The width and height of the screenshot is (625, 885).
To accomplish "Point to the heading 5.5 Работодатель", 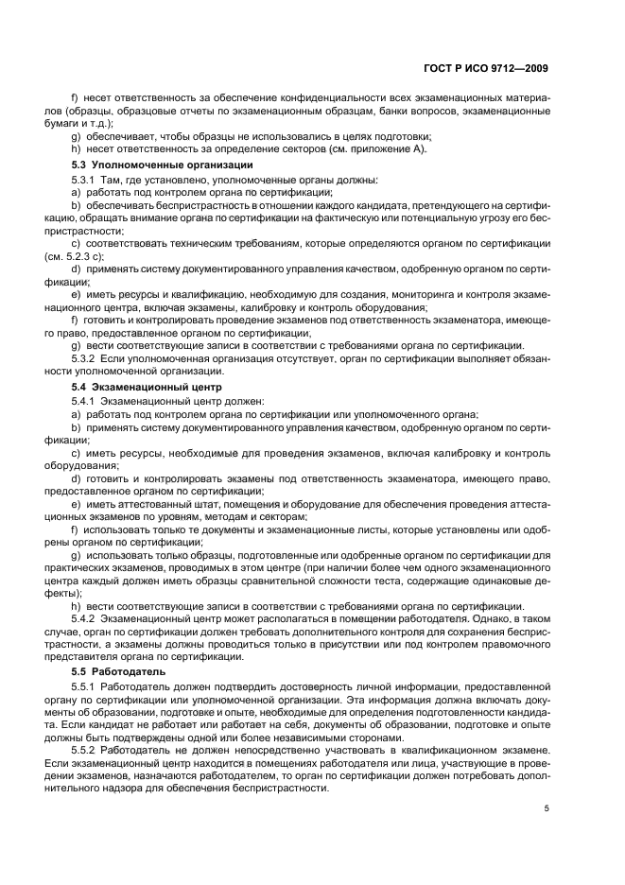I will pyautogui.click(x=117, y=670).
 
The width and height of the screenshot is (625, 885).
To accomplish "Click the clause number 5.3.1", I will pyautogui.click(x=84, y=179).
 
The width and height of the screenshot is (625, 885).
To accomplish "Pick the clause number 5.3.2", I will pyautogui.click(x=84, y=358).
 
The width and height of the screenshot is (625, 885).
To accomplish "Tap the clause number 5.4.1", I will pyautogui.click(x=84, y=401).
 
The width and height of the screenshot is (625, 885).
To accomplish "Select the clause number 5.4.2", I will pyautogui.click(x=84, y=617).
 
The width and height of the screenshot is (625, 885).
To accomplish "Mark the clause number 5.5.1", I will pyautogui.click(x=84, y=685).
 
